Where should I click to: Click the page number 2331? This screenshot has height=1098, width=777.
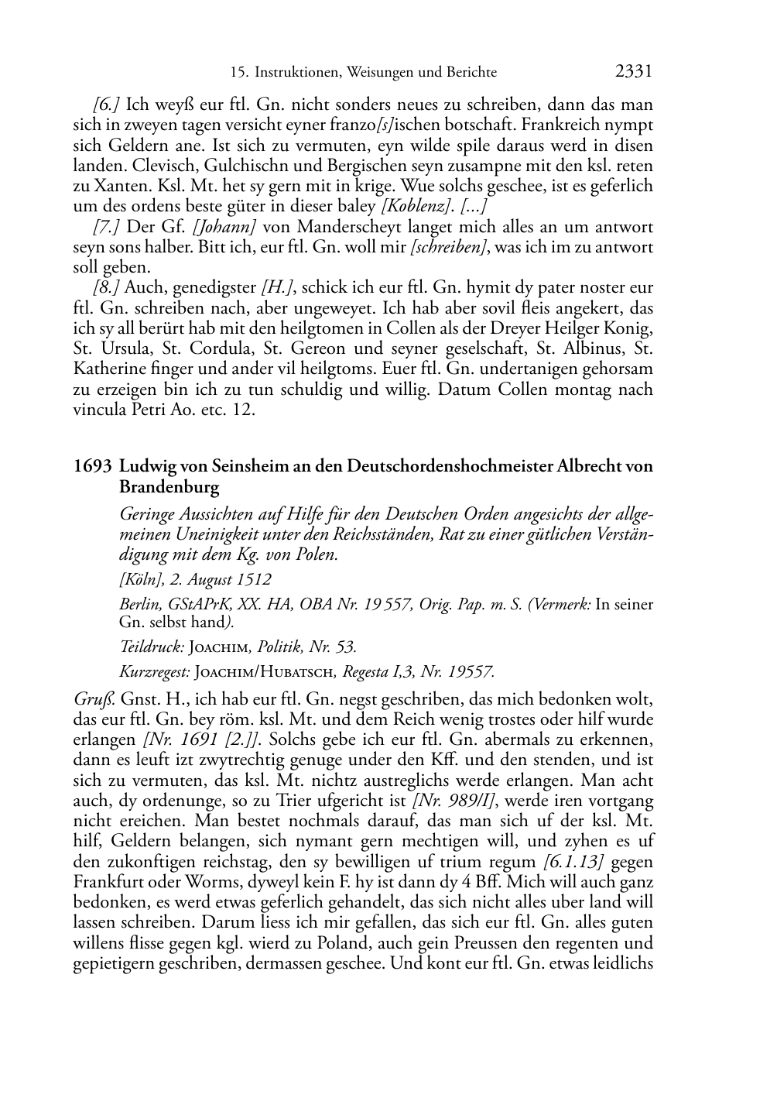[x=634, y=72]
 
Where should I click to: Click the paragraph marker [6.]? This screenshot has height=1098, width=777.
[x=106, y=105]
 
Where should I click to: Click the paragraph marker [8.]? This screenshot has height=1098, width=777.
[x=106, y=288]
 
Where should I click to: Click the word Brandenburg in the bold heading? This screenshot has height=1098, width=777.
[x=169, y=488]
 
